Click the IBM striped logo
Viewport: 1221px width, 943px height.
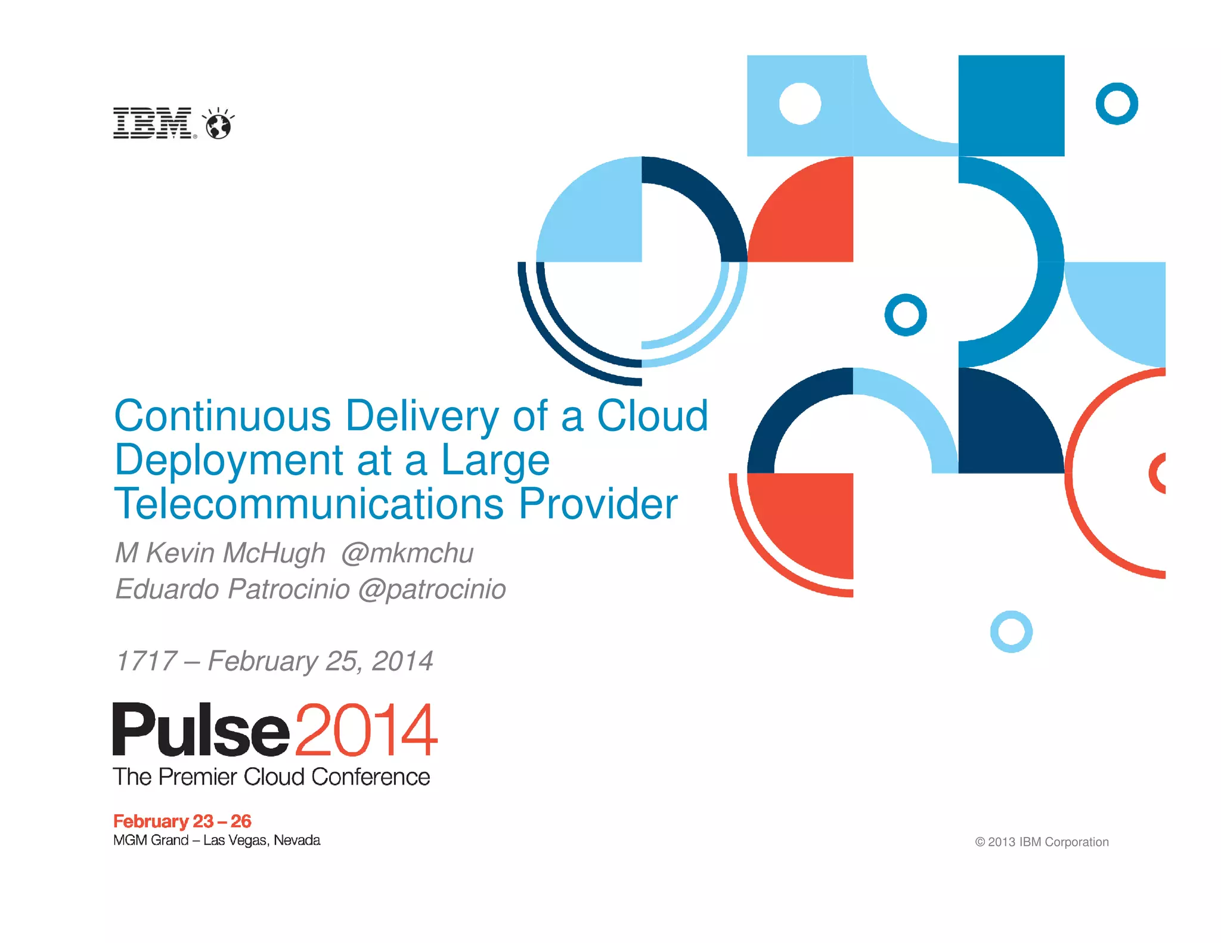[x=153, y=123]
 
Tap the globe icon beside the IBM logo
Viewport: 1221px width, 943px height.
[x=218, y=124]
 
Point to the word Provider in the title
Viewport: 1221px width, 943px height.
[x=598, y=504]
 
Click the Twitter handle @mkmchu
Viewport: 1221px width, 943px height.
[x=407, y=553]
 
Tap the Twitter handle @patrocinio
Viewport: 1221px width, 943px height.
[x=432, y=590]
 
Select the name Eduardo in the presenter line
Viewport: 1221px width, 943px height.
[x=167, y=589]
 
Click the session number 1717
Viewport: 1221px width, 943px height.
[x=146, y=661]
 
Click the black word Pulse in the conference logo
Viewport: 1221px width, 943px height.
[x=201, y=730]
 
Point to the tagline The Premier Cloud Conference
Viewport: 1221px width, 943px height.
[x=271, y=777]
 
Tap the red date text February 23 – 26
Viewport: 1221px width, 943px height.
[x=182, y=821]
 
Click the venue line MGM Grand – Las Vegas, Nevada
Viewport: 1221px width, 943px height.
[x=216, y=840]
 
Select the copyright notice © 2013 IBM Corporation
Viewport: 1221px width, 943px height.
[x=1042, y=842]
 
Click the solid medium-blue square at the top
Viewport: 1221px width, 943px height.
[x=1011, y=106]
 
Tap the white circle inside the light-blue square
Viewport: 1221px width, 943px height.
[x=800, y=104]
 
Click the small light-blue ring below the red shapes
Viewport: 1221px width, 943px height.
[x=1011, y=631]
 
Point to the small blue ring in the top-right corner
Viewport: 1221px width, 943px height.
[x=1117, y=104]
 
